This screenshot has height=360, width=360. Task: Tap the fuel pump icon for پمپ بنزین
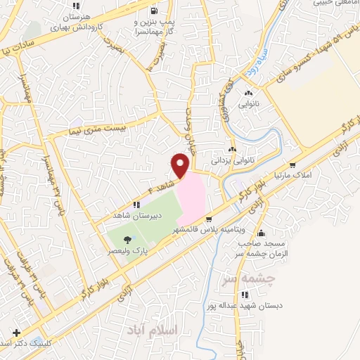tap(154, 12)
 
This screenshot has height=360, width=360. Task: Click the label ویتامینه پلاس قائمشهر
tap(206, 231)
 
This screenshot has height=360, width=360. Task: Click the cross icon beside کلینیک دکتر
tap(15, 333)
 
